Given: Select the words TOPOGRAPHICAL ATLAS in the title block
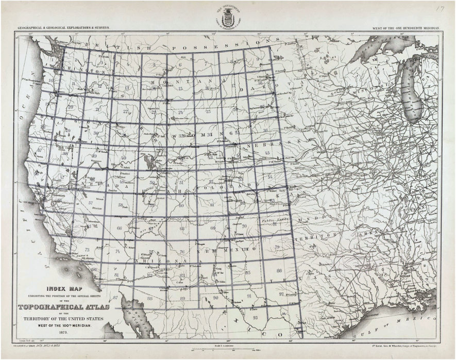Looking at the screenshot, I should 62,308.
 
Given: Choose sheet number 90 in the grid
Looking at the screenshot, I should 215,298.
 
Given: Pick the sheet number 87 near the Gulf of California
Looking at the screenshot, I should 115,298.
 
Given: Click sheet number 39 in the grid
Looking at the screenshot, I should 94,155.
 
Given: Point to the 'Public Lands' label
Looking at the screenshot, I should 273,221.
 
